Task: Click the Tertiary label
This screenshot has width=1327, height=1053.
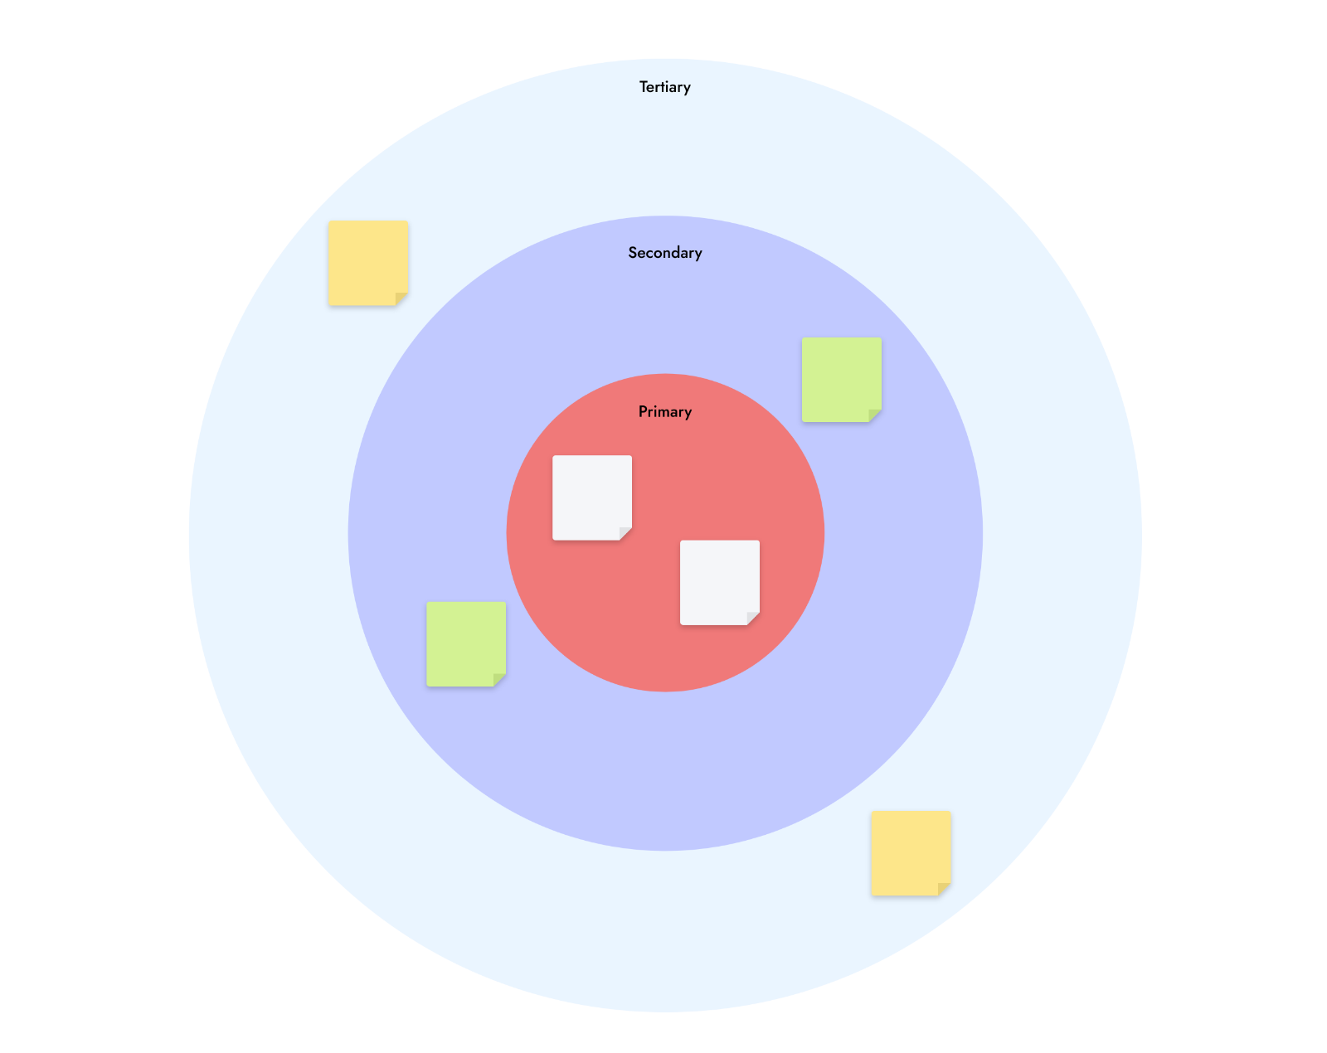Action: pos(664,88)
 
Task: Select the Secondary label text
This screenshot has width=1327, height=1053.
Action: pos(664,253)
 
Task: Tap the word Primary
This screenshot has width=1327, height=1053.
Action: pos(664,412)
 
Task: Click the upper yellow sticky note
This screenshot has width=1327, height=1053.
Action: pos(368,264)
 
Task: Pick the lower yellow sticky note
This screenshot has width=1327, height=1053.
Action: pos(911,853)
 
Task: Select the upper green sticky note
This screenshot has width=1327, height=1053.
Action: pos(842,380)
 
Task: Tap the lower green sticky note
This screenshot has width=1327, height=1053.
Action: pos(466,644)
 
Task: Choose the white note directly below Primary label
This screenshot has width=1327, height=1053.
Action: pos(592,498)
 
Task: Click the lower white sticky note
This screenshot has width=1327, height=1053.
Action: pos(720,583)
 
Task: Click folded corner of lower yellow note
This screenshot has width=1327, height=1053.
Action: pos(943,888)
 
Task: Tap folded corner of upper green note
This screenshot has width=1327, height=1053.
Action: pos(874,415)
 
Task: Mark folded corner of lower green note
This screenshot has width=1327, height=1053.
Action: pos(498,679)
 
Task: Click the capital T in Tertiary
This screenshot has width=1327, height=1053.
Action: pos(644,87)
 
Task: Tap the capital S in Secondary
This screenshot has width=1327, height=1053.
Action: pos(633,253)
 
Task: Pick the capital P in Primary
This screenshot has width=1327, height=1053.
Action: pos(643,412)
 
